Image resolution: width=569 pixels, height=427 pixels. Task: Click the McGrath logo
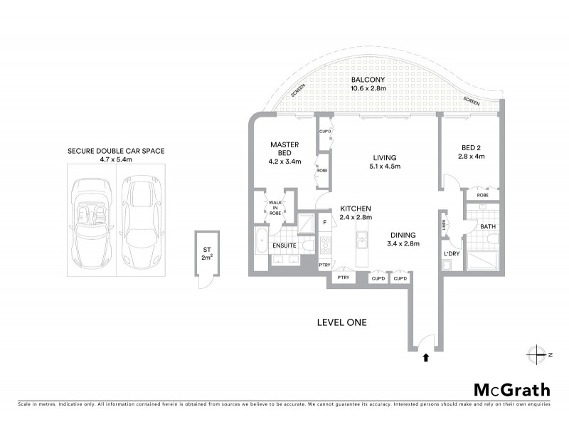511,389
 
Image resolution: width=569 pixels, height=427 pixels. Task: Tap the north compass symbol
538,354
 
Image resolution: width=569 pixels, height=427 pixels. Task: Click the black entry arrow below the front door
425,358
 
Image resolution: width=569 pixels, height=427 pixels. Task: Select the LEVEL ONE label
341,322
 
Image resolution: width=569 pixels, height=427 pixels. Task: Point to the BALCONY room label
368,80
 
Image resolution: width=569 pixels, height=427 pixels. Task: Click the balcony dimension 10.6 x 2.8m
368,89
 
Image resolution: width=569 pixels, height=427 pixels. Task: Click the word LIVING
383,157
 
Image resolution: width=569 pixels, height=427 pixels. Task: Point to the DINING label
403,235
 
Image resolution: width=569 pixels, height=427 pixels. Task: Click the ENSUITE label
284,246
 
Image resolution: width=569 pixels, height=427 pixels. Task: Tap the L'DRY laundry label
450,254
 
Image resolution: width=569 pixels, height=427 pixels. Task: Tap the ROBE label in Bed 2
482,194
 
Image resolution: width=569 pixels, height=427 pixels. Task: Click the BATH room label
487,227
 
